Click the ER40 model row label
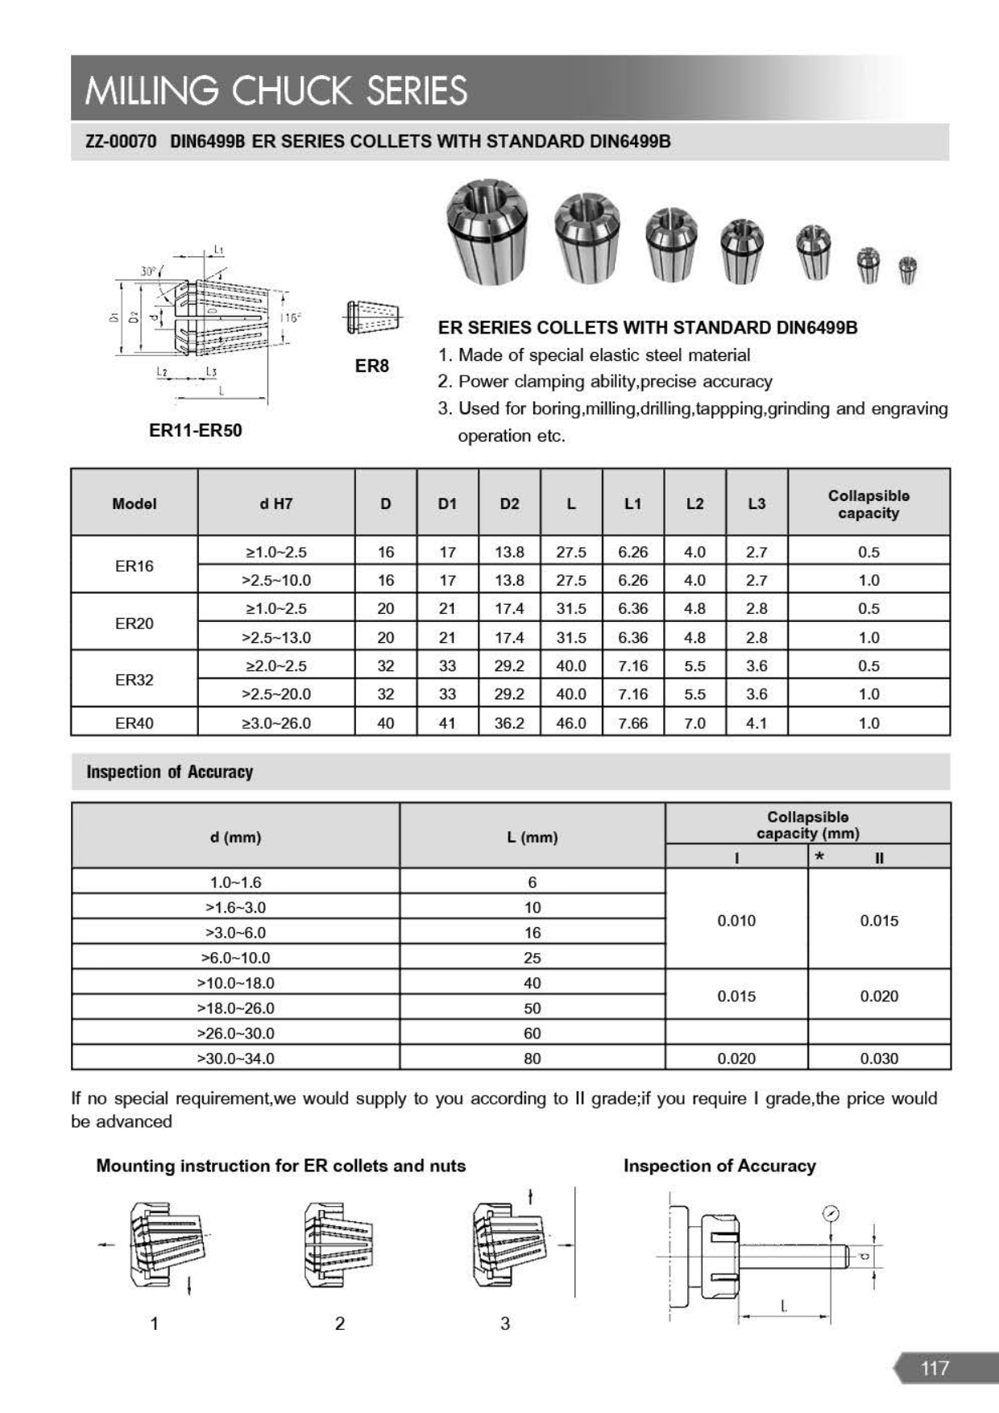point(134,723)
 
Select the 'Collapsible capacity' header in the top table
point(868,504)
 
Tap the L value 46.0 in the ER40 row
point(570,723)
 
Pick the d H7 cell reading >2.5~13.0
point(276,637)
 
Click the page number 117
point(935,1368)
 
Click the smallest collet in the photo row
point(907,270)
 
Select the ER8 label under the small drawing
point(371,366)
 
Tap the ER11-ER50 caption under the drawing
point(195,430)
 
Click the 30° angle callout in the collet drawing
point(149,271)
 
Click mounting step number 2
point(339,1324)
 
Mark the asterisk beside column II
point(819,857)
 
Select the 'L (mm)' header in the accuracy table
point(532,837)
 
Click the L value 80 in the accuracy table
point(532,1058)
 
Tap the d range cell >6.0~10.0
point(235,958)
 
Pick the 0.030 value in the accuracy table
point(878,1058)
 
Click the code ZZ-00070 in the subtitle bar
point(121,142)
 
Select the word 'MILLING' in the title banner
point(151,90)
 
